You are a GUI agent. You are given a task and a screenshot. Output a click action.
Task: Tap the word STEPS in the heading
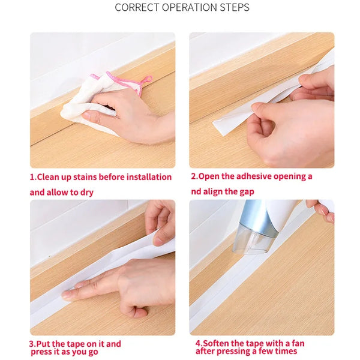click(235, 7)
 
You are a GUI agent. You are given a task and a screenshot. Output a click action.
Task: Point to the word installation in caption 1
click(149, 177)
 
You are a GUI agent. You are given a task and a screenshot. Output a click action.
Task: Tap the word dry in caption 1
click(87, 193)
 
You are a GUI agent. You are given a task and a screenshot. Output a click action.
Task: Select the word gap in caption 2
click(247, 192)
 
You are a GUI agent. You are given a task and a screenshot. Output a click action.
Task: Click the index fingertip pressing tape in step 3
click(65, 295)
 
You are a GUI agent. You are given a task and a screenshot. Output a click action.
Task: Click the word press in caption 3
click(41, 352)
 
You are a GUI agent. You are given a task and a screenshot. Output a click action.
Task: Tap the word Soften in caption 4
click(215, 343)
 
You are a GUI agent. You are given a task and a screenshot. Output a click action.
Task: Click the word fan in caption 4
click(298, 343)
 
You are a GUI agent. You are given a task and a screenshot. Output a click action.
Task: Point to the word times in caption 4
click(286, 351)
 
